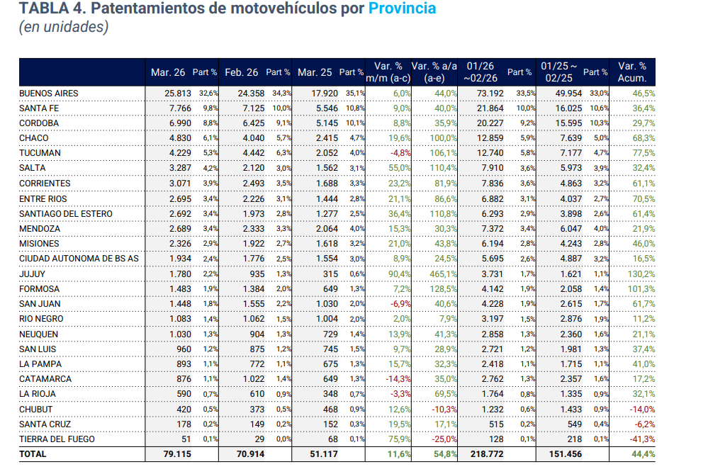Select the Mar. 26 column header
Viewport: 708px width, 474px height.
168,72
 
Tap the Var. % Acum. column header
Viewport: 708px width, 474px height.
632,72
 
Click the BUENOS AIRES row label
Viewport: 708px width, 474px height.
49,93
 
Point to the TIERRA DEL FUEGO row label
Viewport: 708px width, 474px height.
57,439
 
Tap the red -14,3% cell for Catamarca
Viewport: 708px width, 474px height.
398,379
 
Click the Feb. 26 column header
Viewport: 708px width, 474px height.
242,72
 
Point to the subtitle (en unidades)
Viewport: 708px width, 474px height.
64,28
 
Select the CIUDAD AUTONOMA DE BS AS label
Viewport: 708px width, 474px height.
79,259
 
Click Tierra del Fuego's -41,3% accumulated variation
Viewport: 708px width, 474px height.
641,439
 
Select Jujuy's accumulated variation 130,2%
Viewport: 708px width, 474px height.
641,274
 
